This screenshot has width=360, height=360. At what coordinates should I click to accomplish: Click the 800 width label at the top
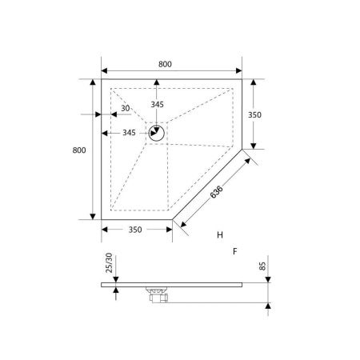(165, 64)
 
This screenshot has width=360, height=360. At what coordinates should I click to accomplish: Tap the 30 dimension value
(126, 108)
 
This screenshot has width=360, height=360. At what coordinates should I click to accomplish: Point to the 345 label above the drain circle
(157, 105)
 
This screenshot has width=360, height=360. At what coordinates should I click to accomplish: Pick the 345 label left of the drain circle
(128, 133)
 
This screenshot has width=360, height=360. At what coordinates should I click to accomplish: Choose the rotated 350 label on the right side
(254, 114)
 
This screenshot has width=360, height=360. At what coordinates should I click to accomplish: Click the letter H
(219, 234)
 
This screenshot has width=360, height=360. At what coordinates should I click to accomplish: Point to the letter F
(235, 251)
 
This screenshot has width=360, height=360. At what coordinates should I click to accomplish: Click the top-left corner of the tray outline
(102, 80)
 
